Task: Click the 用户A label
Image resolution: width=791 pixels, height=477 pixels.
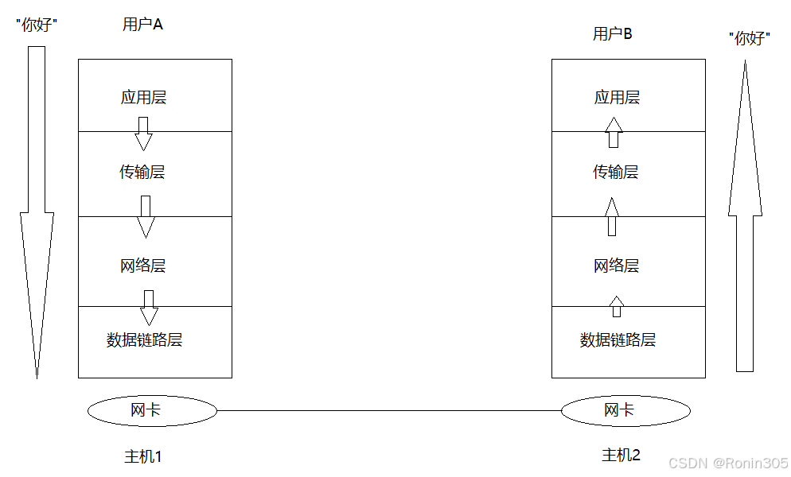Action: click(x=142, y=25)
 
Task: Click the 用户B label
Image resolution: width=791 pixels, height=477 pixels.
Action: click(x=613, y=33)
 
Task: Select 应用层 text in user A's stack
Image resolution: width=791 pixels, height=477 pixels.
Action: click(x=144, y=98)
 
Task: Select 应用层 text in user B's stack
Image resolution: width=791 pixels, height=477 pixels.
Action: click(x=617, y=98)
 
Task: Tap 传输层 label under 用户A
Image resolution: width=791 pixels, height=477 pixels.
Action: click(x=142, y=172)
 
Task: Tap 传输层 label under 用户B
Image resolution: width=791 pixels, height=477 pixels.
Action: click(x=615, y=172)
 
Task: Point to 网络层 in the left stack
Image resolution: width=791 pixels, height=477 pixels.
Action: click(x=143, y=266)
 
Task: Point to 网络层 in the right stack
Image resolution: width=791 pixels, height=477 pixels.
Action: click(x=616, y=266)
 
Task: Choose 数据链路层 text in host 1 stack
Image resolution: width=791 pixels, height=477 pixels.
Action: click(x=145, y=340)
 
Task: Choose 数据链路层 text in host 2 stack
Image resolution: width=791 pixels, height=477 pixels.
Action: click(x=618, y=340)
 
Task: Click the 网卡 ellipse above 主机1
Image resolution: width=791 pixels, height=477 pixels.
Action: click(x=151, y=410)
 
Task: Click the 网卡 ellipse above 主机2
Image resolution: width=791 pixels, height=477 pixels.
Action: click(x=625, y=410)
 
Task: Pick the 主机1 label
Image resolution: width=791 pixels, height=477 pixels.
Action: click(x=143, y=456)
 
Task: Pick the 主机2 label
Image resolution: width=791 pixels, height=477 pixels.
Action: click(x=621, y=455)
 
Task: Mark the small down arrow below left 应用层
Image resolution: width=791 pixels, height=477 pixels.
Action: click(x=143, y=134)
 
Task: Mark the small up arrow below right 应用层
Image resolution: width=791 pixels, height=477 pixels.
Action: click(x=613, y=132)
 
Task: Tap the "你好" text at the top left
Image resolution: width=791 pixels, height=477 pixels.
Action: click(x=37, y=25)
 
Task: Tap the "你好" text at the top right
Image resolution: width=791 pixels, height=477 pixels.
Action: click(x=750, y=38)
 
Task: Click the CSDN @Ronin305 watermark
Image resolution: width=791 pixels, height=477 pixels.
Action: click(x=728, y=463)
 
